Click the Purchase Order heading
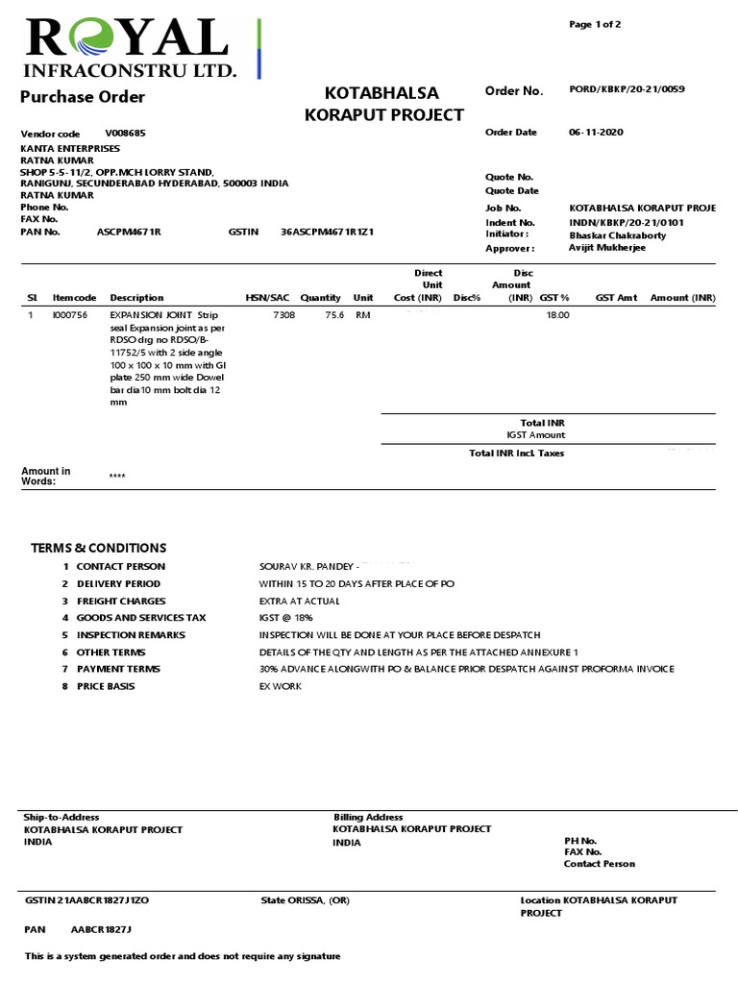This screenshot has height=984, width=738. click(83, 97)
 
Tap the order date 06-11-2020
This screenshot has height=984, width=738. click(596, 133)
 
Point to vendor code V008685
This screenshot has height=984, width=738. click(125, 133)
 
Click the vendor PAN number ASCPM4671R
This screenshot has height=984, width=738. click(129, 232)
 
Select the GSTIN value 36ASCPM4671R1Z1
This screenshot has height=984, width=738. click(327, 232)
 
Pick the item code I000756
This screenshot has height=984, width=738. click(69, 315)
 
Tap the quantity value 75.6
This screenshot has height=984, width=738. click(334, 315)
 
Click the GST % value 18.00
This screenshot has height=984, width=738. click(557, 315)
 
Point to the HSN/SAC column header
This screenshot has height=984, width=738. click(267, 298)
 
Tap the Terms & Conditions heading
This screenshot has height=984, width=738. click(98, 548)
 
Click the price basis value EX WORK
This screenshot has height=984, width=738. click(281, 686)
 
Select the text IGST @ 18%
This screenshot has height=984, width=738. click(285, 618)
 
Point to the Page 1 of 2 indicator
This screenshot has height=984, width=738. click(595, 25)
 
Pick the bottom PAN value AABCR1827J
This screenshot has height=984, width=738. click(101, 930)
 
